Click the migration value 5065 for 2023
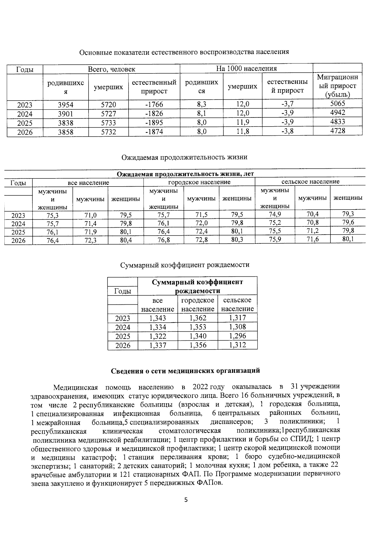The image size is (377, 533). click(338, 104)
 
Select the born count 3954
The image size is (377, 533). click(65, 105)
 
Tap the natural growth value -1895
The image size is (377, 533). click(154, 123)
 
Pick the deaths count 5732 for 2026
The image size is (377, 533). click(108, 132)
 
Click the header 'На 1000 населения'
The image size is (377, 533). click(246, 68)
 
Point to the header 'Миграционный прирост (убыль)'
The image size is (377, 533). click(337, 86)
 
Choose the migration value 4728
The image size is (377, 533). click(338, 131)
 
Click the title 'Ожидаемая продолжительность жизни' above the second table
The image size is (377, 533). click(184, 157)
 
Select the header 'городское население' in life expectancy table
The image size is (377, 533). click(199, 182)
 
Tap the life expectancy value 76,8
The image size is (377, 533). click(164, 241)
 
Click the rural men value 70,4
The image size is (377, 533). click(312, 215)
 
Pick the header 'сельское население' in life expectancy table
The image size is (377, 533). click(310, 182)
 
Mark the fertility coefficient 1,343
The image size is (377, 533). click(158, 318)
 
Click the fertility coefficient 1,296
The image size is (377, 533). click(238, 336)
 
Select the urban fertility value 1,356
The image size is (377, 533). click(198, 345)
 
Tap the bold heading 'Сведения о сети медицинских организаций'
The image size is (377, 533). click(186, 371)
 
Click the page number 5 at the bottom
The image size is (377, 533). click(186, 500)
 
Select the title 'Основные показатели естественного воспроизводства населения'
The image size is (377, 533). click(184, 52)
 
